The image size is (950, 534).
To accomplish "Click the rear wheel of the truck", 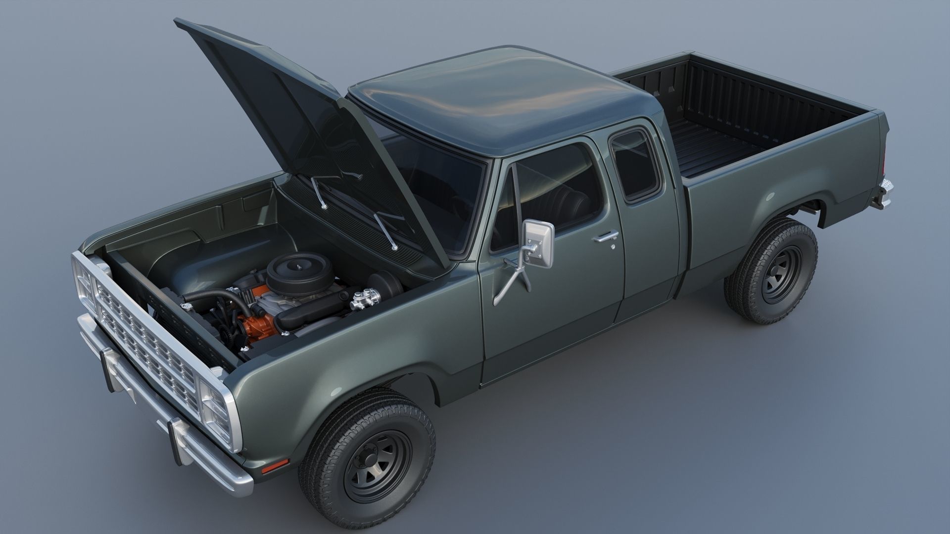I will click(770, 270).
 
